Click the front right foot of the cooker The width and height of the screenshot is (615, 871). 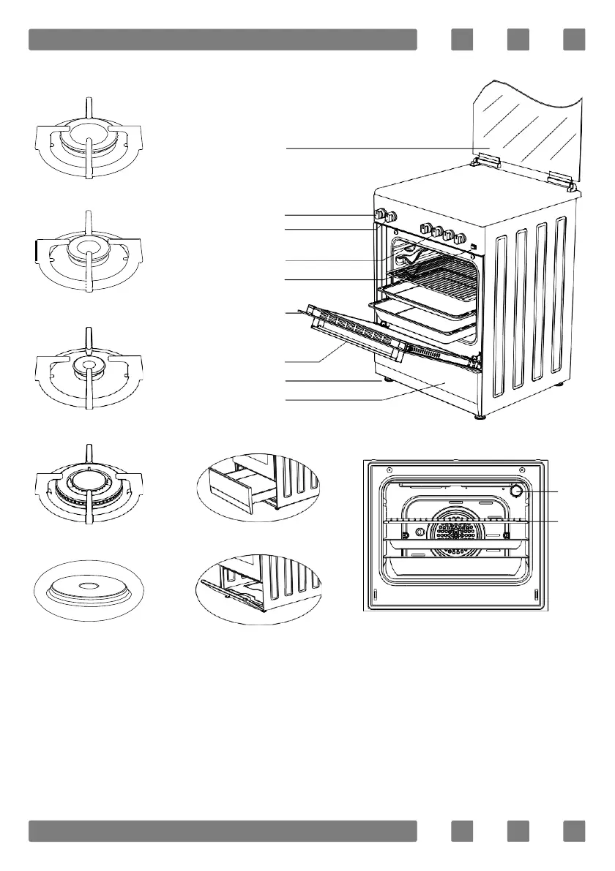click(480, 417)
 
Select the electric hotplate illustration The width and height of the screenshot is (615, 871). click(88, 589)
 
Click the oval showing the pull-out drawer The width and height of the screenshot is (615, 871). click(260, 486)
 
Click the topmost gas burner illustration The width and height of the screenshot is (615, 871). click(88, 139)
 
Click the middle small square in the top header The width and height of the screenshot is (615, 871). click(518, 39)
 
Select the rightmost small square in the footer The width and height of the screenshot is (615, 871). click(574, 831)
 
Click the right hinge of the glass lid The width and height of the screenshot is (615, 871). click(561, 178)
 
